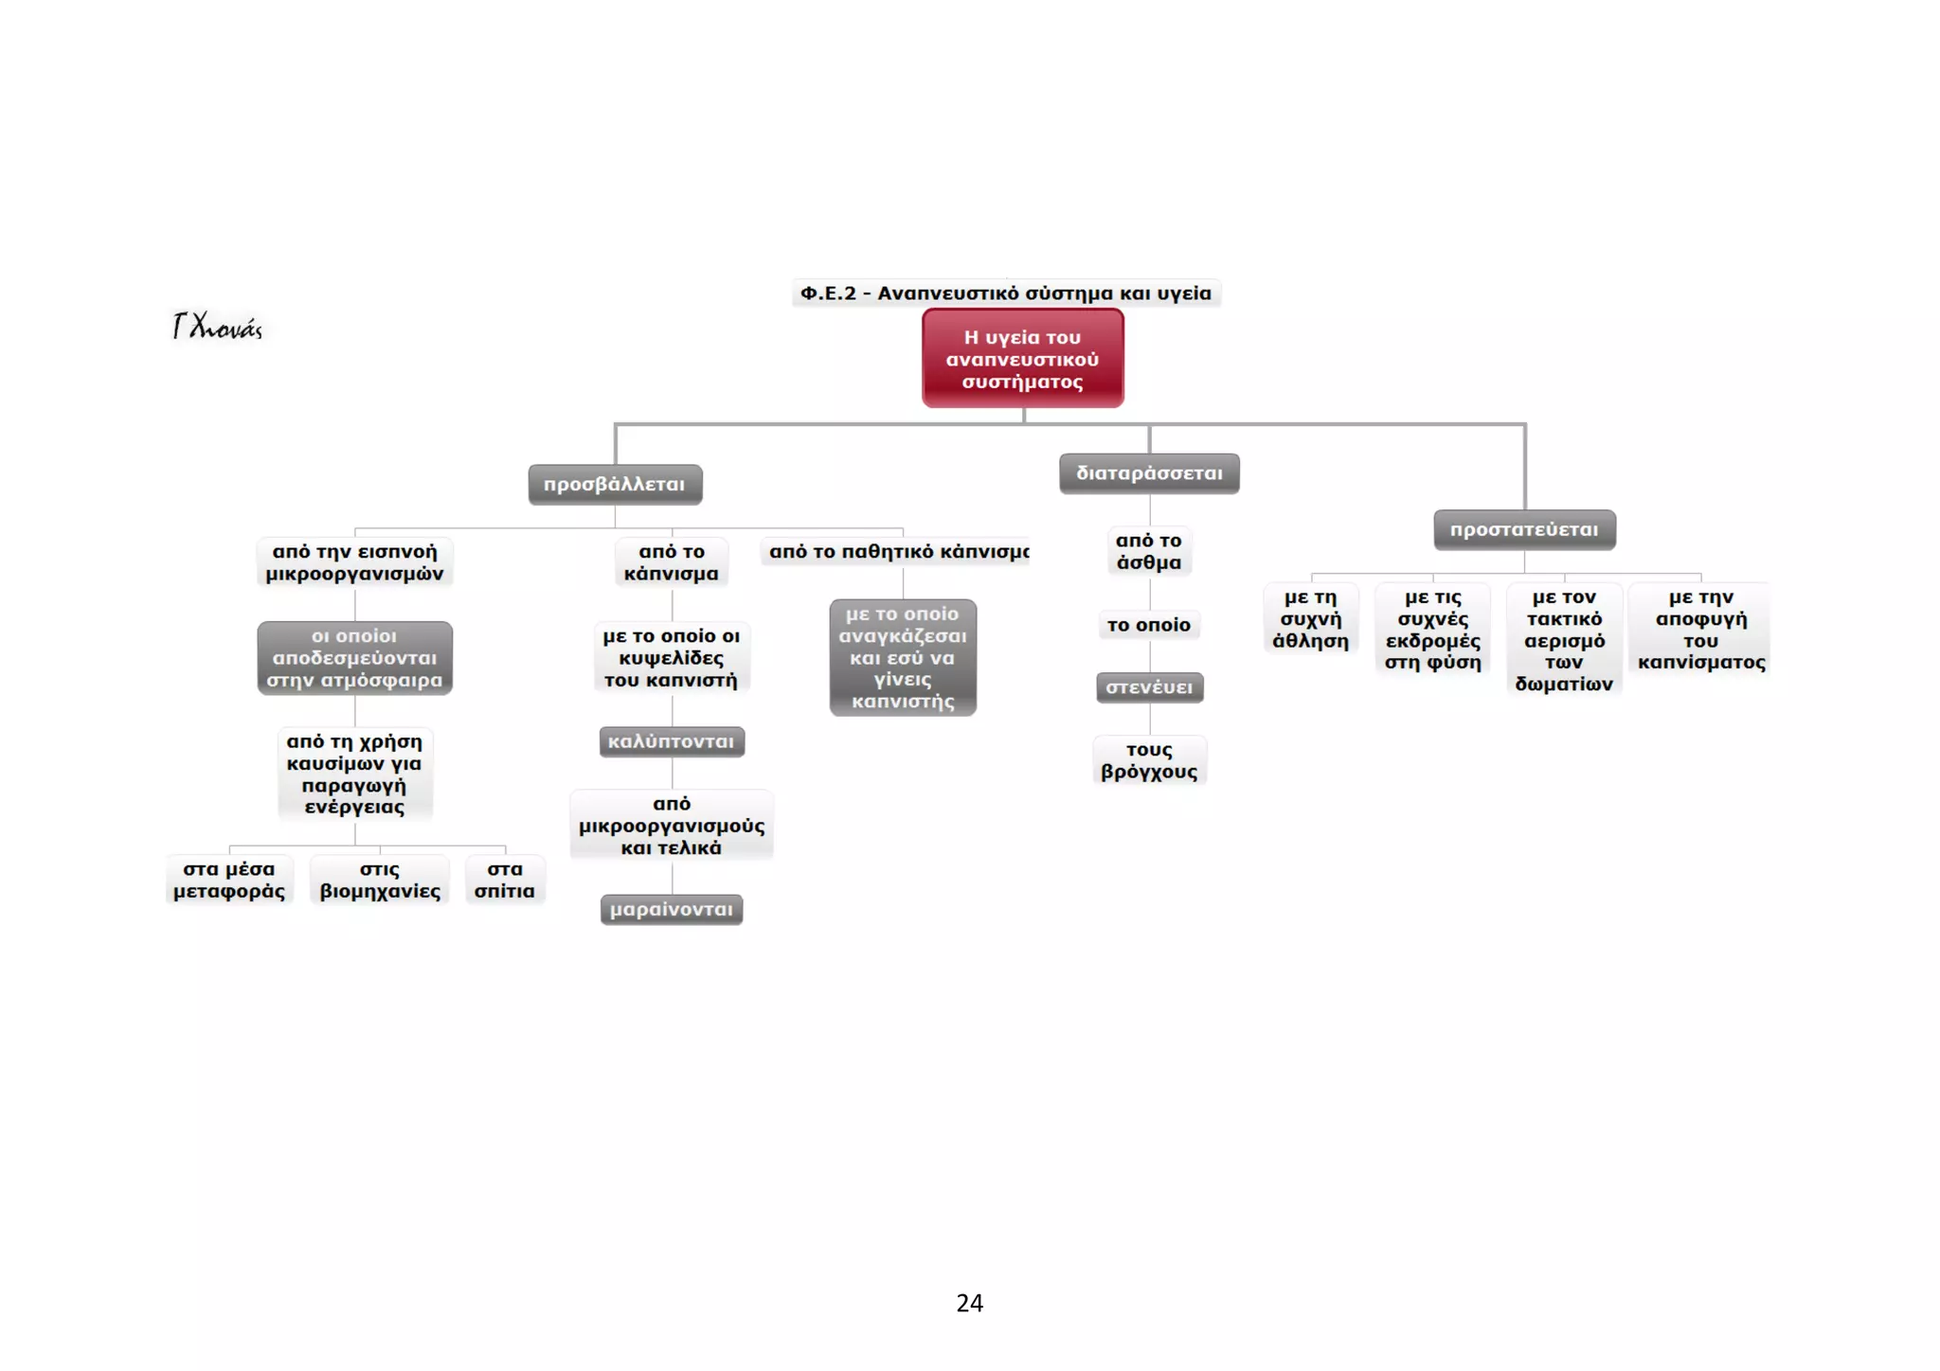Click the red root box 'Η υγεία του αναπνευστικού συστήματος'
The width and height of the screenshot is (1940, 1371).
tap(1023, 358)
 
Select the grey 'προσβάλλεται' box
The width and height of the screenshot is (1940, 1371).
tap(615, 484)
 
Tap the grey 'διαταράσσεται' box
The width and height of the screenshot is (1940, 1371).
tap(1149, 473)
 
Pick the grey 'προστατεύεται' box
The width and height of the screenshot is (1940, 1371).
tap(1524, 529)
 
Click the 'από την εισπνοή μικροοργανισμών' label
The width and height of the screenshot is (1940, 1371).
tap(355, 562)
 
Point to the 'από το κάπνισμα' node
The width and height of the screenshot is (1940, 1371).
tap(672, 562)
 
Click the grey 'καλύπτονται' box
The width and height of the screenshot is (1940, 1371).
tap(672, 741)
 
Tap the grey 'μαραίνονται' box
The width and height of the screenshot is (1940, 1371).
tap(672, 909)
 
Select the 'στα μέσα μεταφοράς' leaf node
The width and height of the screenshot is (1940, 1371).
tap(229, 880)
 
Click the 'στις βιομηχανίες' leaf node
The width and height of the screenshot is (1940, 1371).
tap(380, 880)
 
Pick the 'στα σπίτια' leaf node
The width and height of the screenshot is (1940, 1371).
tap(505, 880)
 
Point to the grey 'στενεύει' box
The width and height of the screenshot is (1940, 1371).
tap(1149, 687)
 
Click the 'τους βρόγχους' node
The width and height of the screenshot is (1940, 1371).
tap(1149, 760)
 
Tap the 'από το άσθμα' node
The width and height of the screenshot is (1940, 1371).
tap(1149, 551)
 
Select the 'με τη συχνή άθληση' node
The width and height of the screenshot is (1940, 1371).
tap(1311, 619)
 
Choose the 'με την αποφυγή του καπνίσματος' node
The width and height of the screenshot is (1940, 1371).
tap(1701, 630)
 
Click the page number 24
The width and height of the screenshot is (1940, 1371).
tap(970, 1303)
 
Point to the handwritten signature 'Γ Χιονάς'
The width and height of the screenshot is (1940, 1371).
tap(217, 327)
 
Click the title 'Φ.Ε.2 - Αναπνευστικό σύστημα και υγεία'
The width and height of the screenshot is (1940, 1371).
tap(1006, 293)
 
